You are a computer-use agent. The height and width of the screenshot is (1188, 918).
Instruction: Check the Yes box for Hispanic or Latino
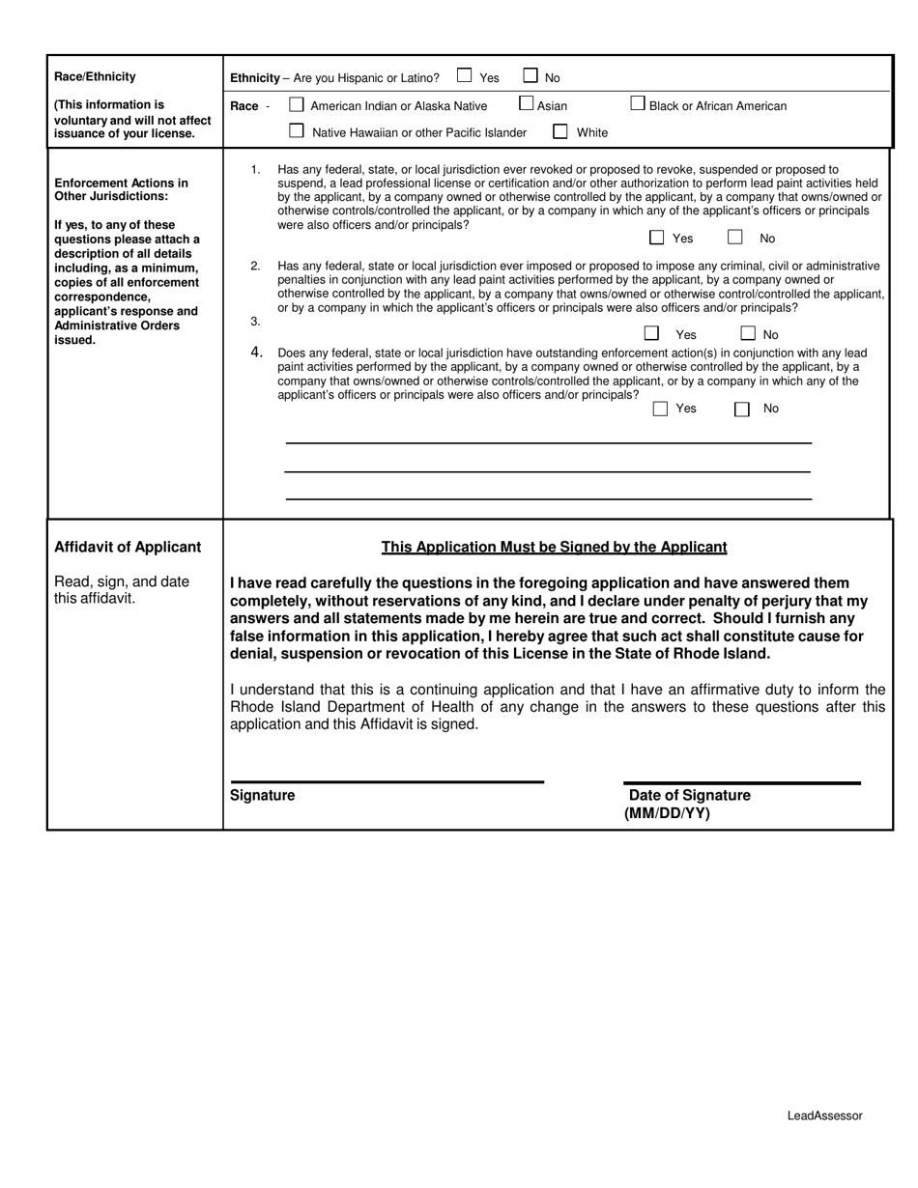point(465,75)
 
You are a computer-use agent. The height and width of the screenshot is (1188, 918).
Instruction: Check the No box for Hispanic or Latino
point(531,75)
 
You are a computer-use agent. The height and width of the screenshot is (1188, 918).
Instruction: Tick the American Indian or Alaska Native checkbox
point(297,104)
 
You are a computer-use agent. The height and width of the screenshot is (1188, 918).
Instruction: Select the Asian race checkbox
point(527,103)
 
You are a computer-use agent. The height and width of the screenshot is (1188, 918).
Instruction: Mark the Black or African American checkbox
point(638,103)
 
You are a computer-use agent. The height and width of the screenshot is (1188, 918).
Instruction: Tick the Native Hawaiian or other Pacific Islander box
point(297,130)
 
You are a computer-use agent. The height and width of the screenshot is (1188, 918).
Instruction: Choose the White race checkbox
point(560,131)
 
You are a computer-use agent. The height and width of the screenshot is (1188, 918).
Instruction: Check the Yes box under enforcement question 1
point(657,237)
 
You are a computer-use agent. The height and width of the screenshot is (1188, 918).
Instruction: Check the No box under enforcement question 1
point(735,237)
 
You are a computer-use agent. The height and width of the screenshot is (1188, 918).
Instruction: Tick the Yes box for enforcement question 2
point(652,333)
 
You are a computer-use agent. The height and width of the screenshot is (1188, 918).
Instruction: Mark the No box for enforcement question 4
point(742,409)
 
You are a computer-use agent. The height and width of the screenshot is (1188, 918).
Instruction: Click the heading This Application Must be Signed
point(554,548)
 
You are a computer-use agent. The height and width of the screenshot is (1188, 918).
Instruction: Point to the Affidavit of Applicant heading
point(128,548)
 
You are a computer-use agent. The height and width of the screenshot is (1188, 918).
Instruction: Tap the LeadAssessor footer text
point(824,1116)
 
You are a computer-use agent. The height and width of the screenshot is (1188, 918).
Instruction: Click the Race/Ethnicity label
point(95,77)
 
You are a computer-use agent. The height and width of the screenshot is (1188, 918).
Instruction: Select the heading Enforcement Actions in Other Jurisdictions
point(121,189)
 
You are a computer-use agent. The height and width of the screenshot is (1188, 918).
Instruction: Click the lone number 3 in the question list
point(255,321)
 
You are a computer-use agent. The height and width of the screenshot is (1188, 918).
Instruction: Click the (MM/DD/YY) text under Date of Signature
point(667,813)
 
